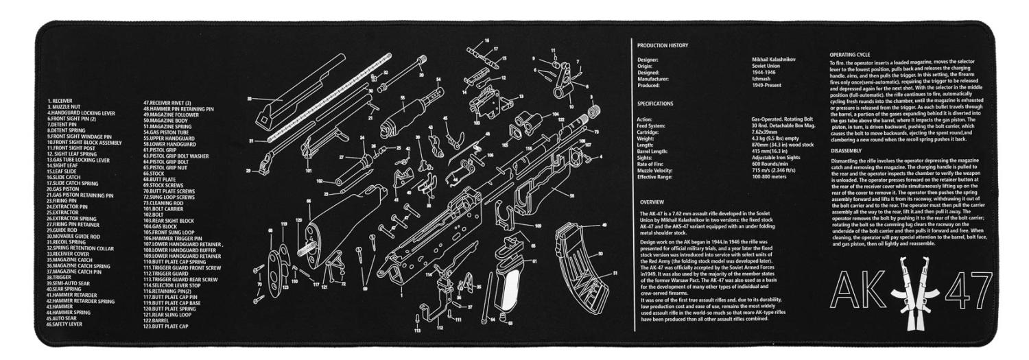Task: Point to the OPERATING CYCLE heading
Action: point(850,53)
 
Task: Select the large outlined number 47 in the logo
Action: point(960,293)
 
